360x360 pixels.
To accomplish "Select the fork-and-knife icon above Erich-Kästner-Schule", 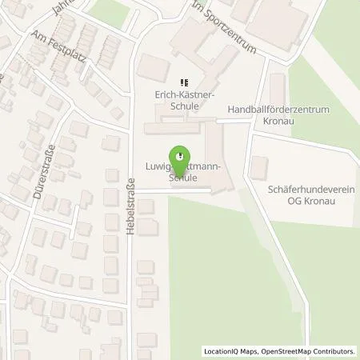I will click(x=183, y=81).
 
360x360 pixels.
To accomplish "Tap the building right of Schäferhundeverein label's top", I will click(x=260, y=168).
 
